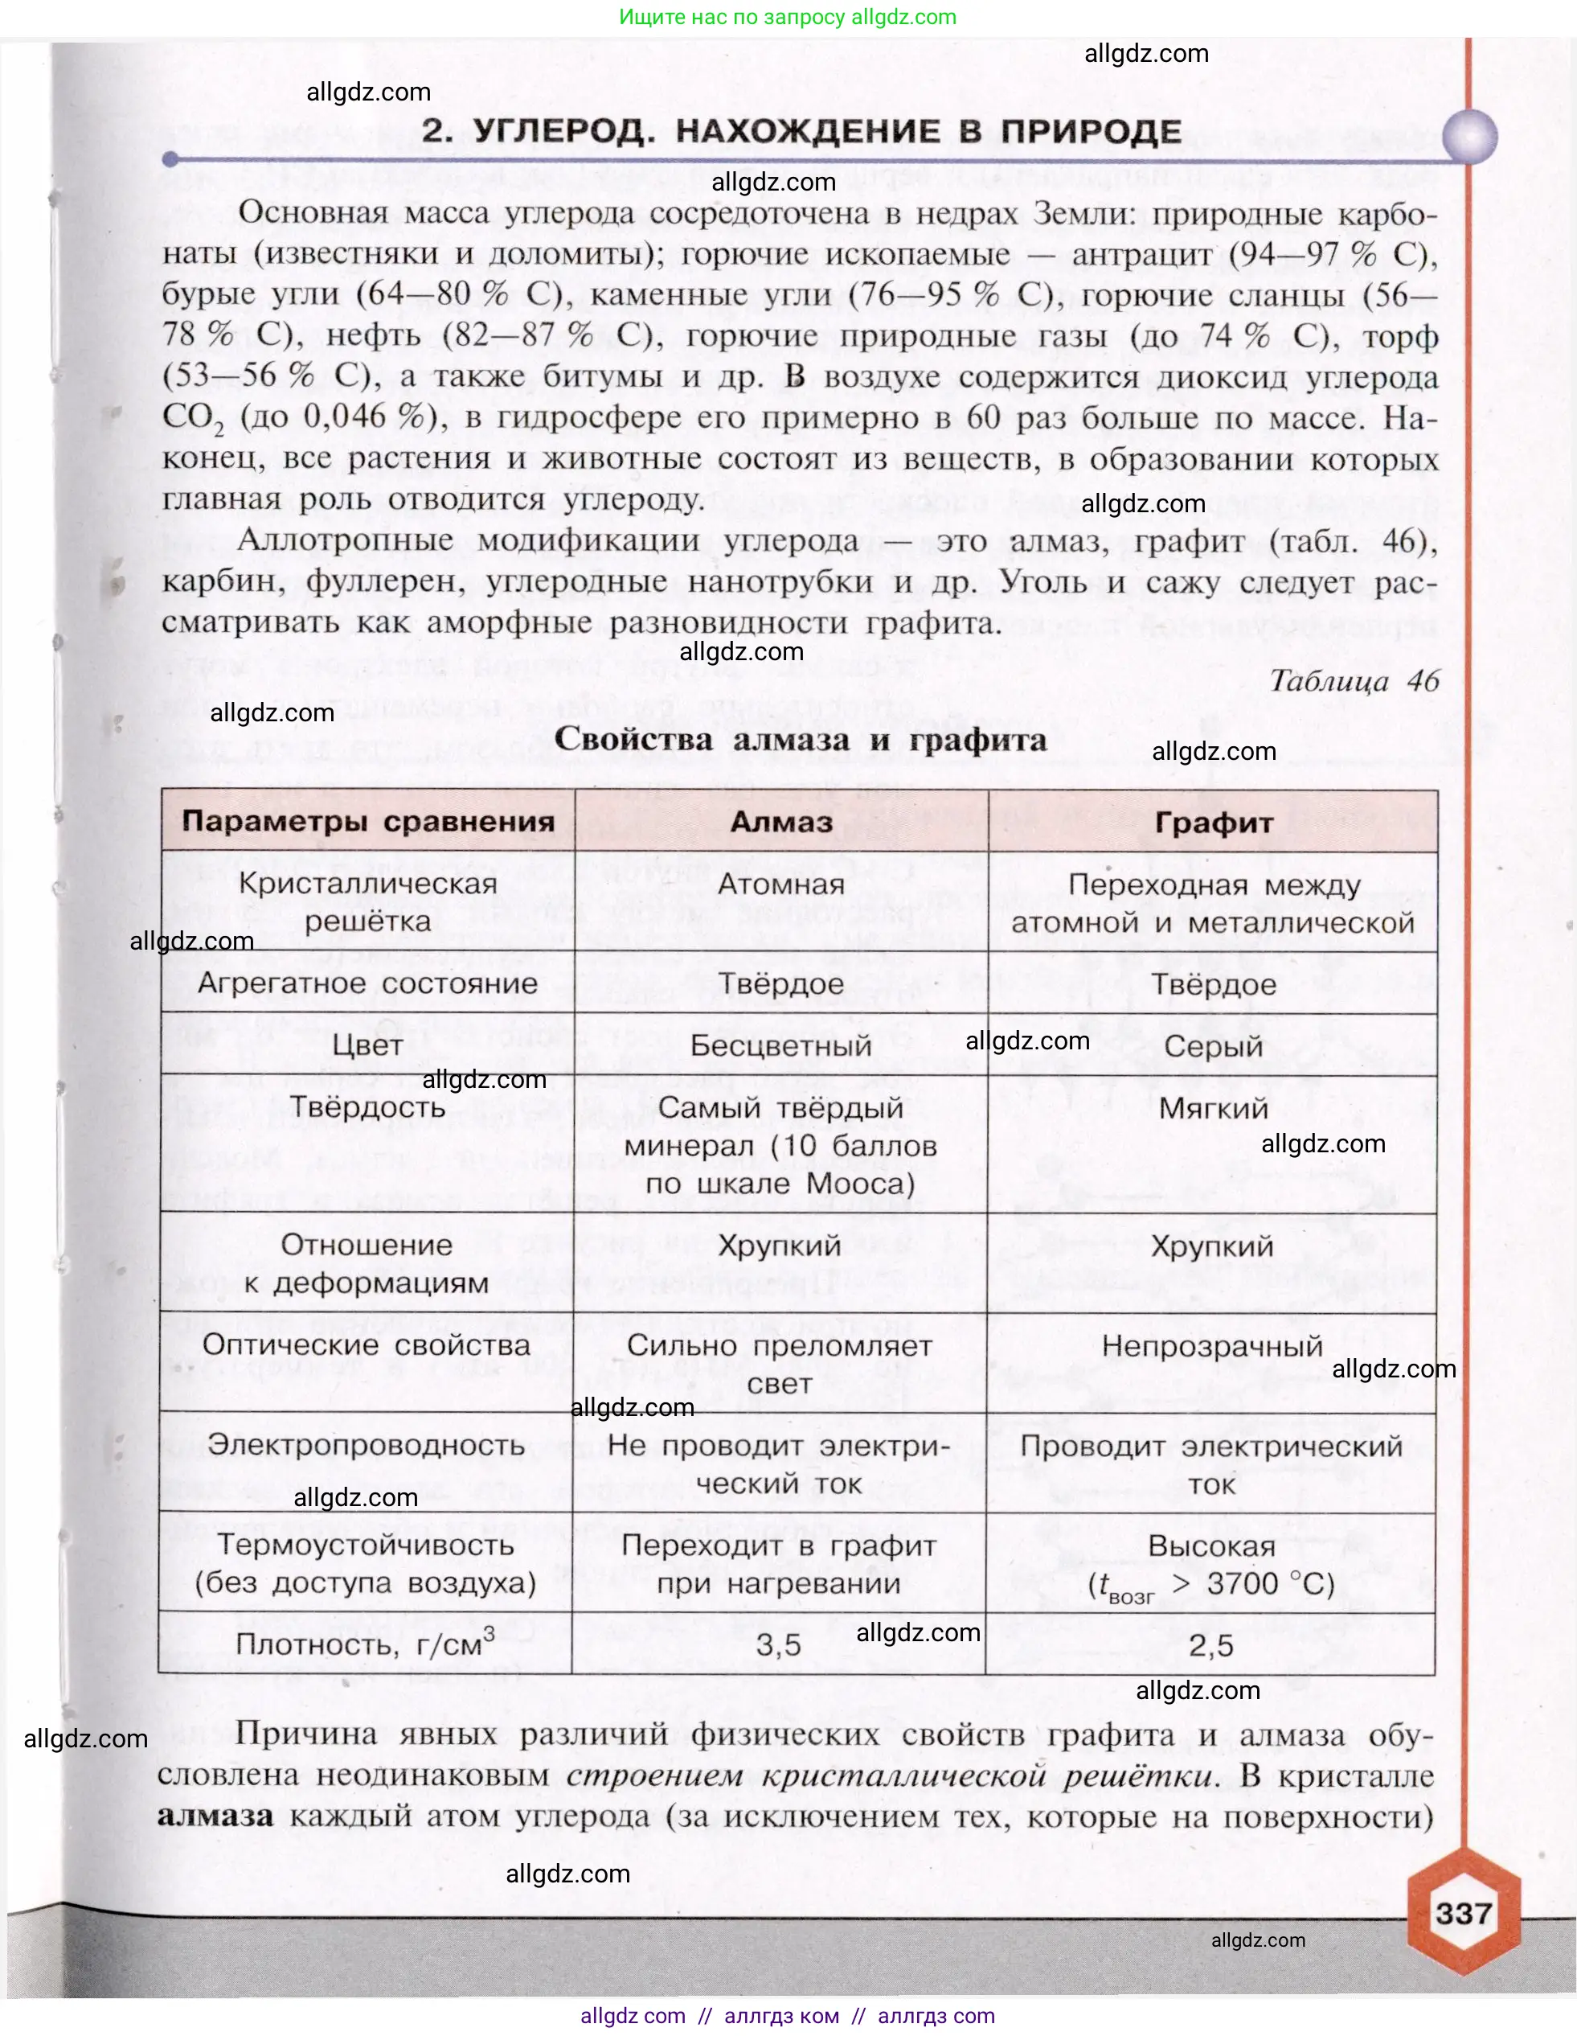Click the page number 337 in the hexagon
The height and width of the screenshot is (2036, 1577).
pos(1464,1913)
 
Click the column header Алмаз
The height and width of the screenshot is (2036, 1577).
pos(781,823)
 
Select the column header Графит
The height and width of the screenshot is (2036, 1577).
pos(1213,823)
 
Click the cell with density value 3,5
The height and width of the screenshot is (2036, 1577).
pos(778,1645)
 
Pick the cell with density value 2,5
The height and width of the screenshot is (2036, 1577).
pos(1210,1645)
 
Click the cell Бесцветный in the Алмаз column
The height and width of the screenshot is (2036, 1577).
pos(781,1045)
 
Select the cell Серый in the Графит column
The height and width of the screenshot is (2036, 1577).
pos(1213,1046)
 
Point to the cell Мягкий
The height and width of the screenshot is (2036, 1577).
pos(1213,1108)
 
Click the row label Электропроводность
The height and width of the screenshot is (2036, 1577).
pos(367,1445)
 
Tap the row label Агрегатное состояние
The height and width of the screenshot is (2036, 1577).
pos(367,983)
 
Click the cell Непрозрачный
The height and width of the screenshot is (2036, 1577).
pos(1211,1346)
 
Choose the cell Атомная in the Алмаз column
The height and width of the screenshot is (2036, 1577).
pos(781,884)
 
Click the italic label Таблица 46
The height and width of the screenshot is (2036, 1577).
pos(1354,680)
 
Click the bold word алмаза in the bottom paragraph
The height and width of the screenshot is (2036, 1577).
pos(215,1816)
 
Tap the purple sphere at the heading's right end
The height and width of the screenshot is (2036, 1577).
pos(1470,136)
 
